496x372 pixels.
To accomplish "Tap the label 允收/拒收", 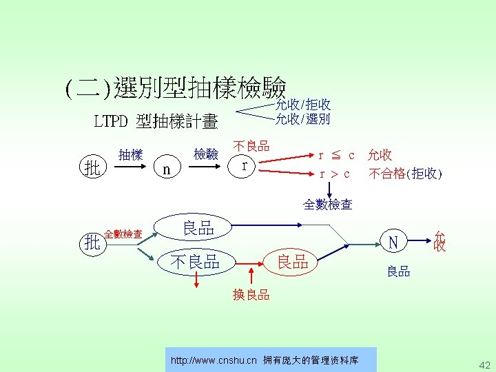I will (302, 105).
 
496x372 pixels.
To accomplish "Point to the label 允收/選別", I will (302, 118).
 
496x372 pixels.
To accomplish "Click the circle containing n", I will (164, 168).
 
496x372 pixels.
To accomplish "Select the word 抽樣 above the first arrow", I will (130, 155).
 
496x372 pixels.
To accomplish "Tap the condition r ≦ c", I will (335, 155).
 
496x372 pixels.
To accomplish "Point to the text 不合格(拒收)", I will (405, 174).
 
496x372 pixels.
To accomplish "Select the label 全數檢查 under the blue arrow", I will (328, 204).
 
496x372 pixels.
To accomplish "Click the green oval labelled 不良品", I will (196, 261).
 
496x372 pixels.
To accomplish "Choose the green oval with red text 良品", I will (292, 261).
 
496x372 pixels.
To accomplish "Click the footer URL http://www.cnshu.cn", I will (214, 360).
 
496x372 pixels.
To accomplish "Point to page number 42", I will (484, 364).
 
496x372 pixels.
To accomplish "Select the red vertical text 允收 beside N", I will (440, 241).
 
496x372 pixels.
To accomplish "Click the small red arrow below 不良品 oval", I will (196, 280).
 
